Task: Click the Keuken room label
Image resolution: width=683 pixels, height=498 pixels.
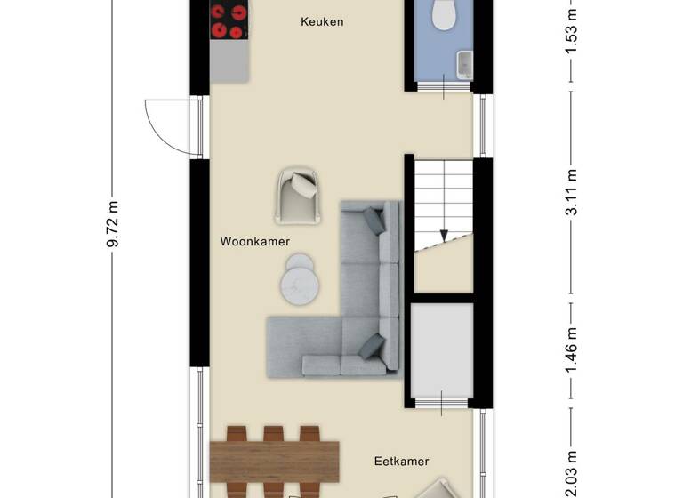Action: (x=322, y=21)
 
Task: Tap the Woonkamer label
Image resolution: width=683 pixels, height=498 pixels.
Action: (x=255, y=241)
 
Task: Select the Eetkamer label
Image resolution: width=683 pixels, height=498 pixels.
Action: (x=401, y=462)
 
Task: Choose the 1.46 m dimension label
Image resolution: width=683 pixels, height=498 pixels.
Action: (x=574, y=349)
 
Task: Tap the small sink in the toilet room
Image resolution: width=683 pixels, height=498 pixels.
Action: (x=464, y=63)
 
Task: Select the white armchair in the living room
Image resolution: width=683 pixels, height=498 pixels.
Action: (x=298, y=193)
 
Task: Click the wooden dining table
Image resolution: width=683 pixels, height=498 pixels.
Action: (x=275, y=461)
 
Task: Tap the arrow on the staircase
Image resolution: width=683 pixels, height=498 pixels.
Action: (x=442, y=235)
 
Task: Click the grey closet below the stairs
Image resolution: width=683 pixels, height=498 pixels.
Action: (x=442, y=351)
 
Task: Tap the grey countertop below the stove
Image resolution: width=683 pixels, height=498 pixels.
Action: (x=229, y=62)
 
